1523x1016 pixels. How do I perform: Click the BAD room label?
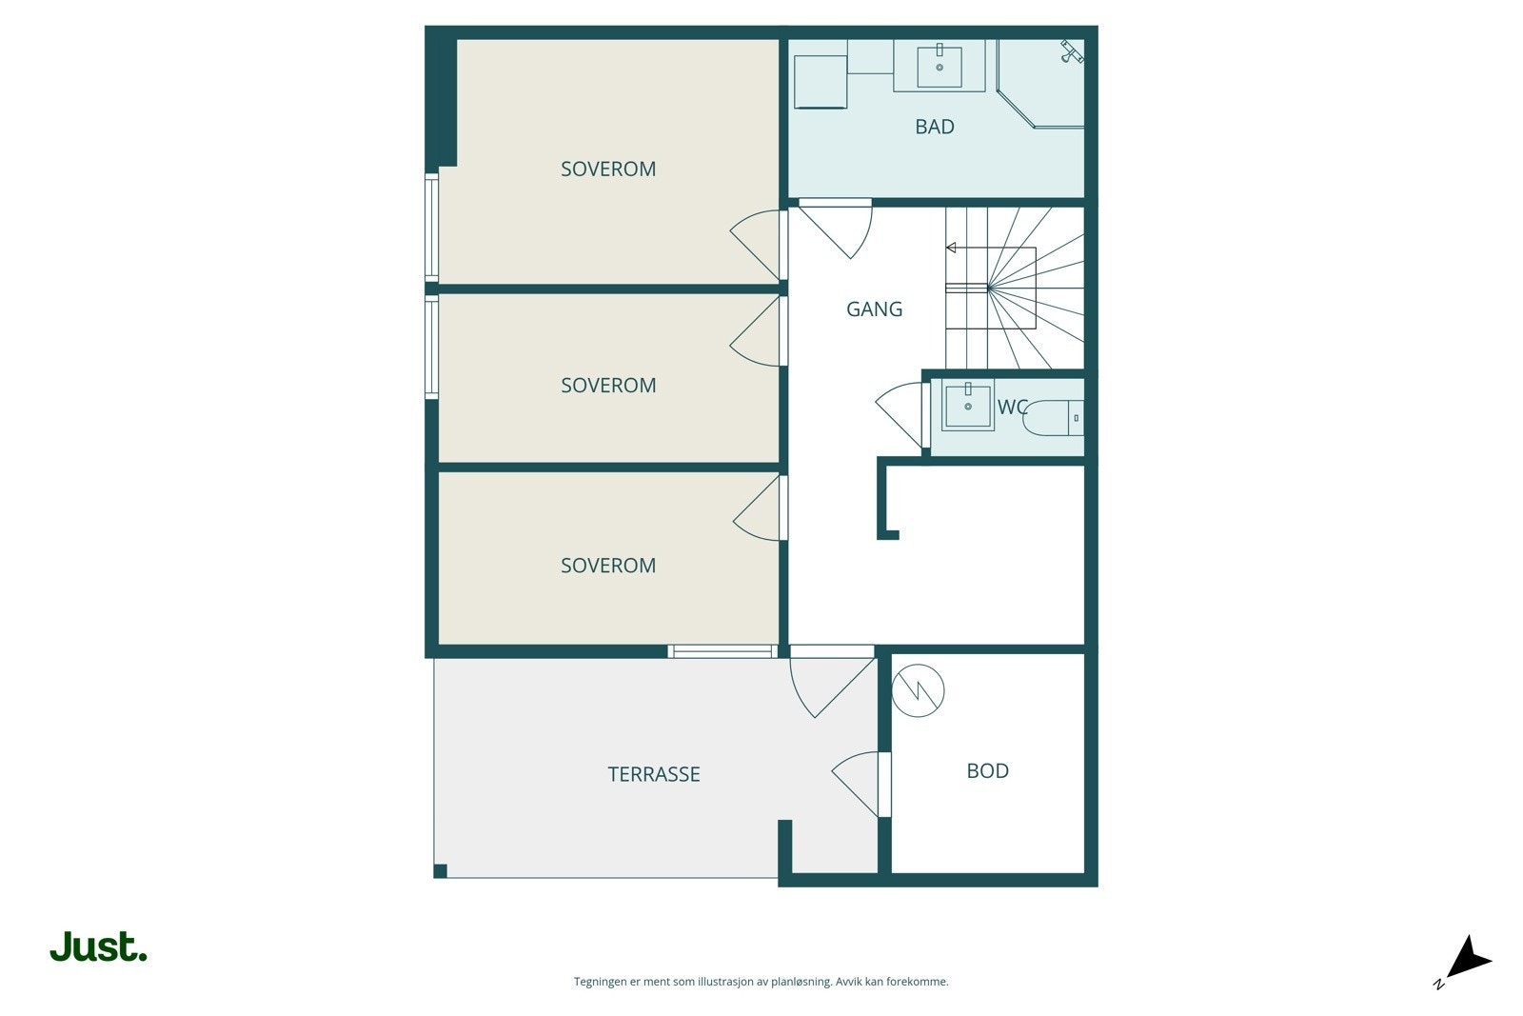[x=934, y=127]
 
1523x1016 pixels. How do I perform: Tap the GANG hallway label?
[x=874, y=309]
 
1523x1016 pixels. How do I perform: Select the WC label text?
[x=1012, y=408]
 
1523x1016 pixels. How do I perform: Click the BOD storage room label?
[x=987, y=771]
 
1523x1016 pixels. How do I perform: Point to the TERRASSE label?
[x=654, y=775]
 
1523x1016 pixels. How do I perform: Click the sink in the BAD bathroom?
[x=940, y=66]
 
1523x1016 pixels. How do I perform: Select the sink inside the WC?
[x=968, y=406]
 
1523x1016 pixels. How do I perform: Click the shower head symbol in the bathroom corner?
[x=1072, y=51]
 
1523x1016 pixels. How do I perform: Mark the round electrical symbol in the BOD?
[x=918, y=690]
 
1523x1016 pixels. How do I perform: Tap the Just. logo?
[x=98, y=947]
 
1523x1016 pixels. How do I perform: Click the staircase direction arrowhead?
[x=950, y=249]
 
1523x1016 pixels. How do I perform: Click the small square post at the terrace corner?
[x=440, y=871]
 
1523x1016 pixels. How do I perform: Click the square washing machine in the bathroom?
[x=821, y=82]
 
